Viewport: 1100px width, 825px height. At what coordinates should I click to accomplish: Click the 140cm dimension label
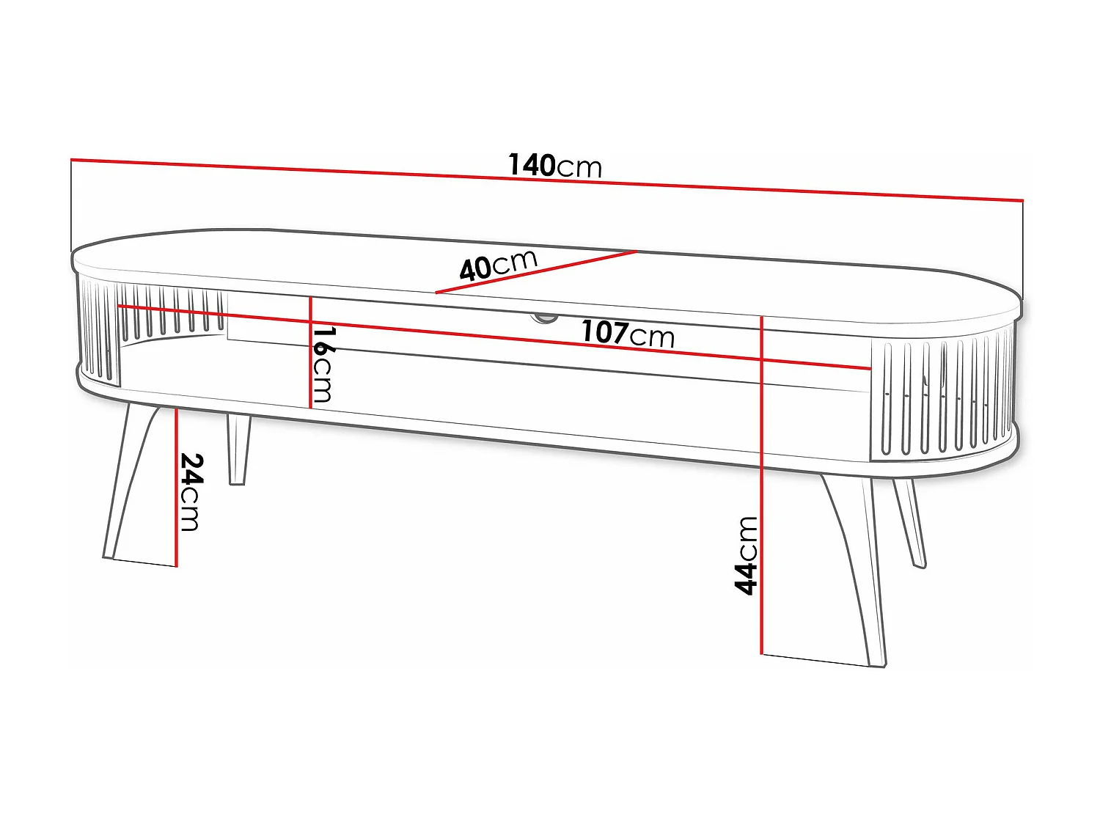(555, 166)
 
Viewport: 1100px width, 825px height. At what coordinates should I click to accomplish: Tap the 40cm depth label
(499, 265)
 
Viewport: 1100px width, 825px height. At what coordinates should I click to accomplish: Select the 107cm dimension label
(628, 334)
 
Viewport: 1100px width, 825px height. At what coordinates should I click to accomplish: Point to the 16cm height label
(323, 364)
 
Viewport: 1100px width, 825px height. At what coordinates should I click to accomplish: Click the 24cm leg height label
(191, 491)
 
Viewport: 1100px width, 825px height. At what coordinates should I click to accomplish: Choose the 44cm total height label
(746, 554)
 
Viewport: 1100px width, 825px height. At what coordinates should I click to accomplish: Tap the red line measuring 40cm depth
(587, 260)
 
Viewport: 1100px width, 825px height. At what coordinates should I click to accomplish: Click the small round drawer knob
(543, 317)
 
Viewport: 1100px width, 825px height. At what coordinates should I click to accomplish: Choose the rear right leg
(909, 521)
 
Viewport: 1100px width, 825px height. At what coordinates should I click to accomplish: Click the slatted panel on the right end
(942, 396)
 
